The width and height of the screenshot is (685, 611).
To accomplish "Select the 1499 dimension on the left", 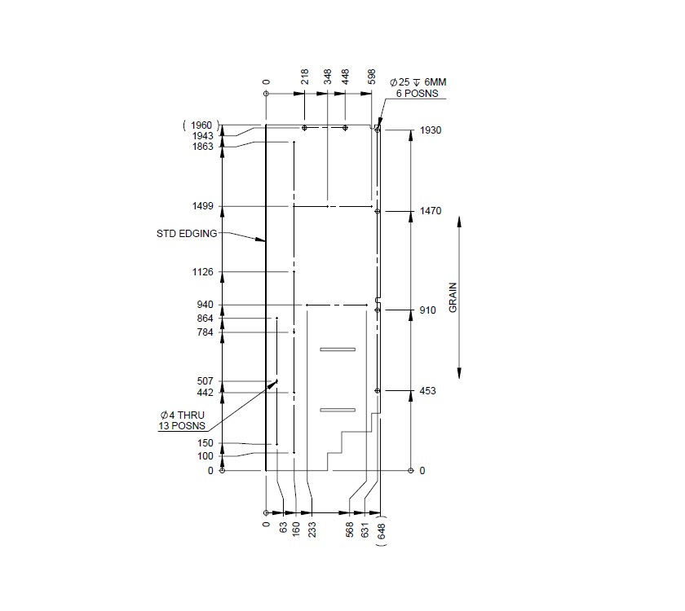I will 202,206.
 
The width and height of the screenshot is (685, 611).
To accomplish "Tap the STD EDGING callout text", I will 187,233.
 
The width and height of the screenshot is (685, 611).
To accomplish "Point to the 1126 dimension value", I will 202,271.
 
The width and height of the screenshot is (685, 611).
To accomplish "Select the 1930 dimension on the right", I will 431,130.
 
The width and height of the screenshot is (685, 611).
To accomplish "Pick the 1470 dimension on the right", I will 431,211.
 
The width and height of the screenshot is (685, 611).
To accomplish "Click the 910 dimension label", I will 427,310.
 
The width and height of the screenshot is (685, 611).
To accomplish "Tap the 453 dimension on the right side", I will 427,391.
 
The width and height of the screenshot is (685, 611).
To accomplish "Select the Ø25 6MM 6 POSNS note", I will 418,88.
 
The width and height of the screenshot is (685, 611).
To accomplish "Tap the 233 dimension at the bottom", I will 312,530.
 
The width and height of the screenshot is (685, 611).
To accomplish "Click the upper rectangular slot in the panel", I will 338,349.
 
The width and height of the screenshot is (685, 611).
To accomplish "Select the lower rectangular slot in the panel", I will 338,409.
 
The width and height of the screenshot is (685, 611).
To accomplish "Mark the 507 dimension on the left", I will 205,380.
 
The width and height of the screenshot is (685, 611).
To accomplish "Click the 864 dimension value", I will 205,319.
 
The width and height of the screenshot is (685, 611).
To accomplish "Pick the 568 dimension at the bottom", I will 349,530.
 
